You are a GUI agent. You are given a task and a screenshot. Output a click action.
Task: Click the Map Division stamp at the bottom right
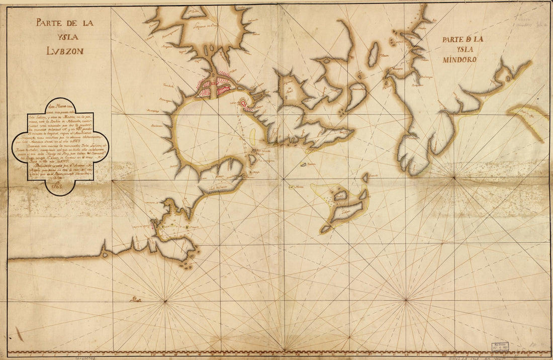coord(500,347)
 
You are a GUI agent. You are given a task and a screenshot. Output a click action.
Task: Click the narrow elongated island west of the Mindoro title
coord(373,54)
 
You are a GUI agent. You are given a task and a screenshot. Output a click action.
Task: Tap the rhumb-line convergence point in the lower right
coord(406,300)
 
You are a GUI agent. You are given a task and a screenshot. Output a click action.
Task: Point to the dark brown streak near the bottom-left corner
coord(19,333)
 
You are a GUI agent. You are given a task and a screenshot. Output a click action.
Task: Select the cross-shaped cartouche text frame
coord(59,146)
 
